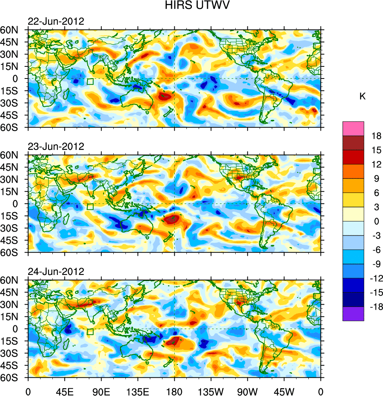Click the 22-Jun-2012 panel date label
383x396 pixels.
(x=56, y=21)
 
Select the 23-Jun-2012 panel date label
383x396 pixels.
(x=56, y=147)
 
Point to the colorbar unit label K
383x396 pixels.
(x=363, y=96)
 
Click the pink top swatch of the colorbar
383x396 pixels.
(x=353, y=128)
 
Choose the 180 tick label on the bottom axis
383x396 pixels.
(x=174, y=391)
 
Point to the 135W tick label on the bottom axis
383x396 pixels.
(x=211, y=391)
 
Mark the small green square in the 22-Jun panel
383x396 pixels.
(x=90, y=82)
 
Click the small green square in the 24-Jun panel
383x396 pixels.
(x=90, y=332)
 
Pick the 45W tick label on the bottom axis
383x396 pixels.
(x=284, y=391)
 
